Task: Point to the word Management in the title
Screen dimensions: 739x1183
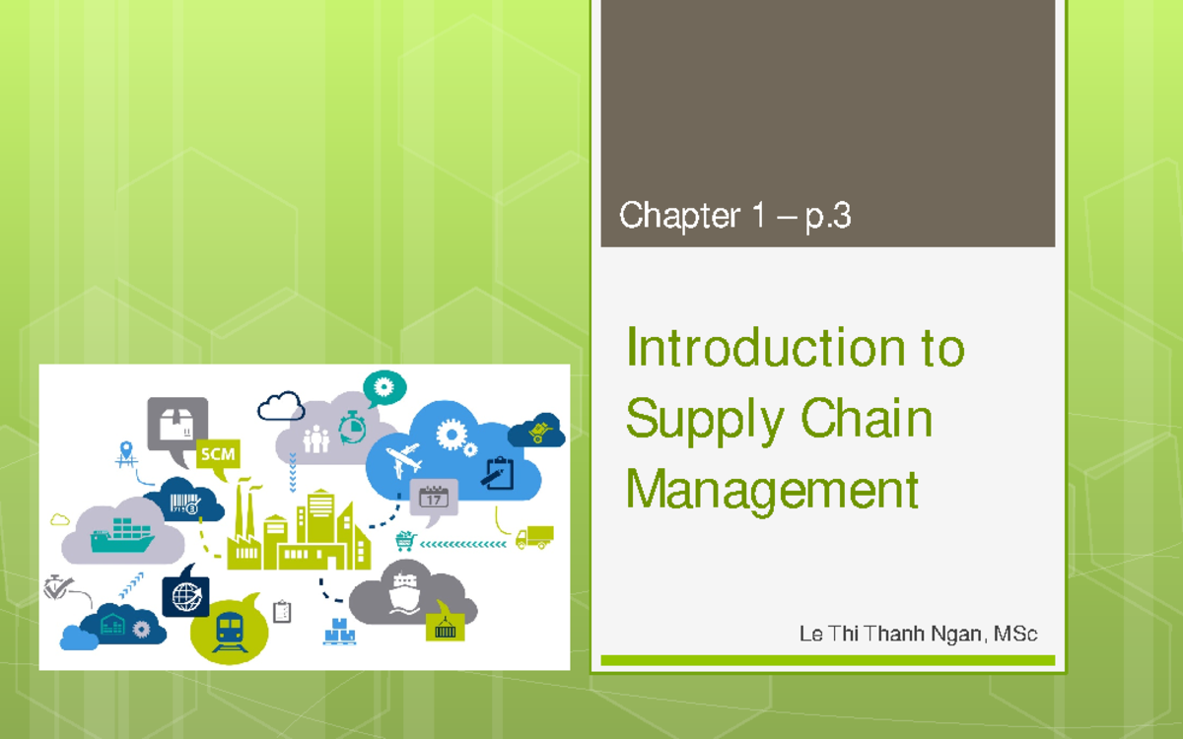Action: coord(772,488)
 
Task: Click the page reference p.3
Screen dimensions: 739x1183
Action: coord(828,216)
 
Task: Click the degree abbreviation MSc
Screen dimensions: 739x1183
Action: coord(1015,634)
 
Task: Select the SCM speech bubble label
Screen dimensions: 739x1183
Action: coord(217,454)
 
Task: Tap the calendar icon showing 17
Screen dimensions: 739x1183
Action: coord(434,497)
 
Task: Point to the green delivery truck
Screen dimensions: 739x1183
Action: coord(534,537)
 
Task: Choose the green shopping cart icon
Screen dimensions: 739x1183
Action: coord(405,541)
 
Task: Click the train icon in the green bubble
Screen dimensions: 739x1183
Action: coord(230,629)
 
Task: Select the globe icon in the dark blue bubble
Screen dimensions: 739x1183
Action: coord(185,594)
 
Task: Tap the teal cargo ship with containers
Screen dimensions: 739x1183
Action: coord(121,537)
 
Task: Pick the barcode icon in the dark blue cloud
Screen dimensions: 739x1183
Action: coord(184,503)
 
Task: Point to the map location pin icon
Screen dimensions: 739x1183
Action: coord(125,452)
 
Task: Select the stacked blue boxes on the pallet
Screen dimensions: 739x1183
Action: coord(339,631)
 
